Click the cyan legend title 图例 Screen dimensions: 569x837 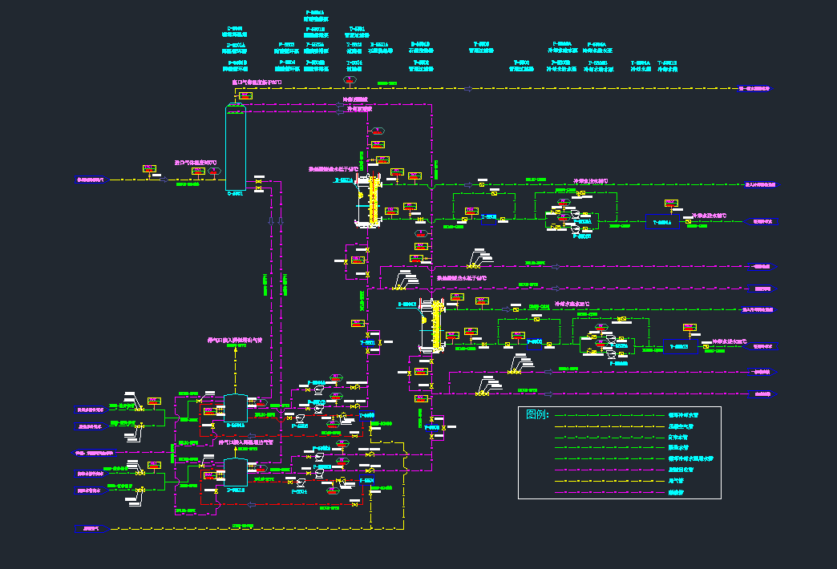pos(537,414)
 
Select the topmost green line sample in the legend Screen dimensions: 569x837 pos(609,416)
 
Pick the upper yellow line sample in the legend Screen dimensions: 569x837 pos(609,427)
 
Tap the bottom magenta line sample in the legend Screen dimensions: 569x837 pos(609,492)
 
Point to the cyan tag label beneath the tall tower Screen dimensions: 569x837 pos(234,193)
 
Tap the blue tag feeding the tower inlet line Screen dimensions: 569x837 pos(91,180)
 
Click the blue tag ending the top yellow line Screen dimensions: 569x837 pos(754,88)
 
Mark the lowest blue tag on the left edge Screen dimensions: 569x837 pos(90,528)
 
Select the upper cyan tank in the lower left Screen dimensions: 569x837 pos(236,407)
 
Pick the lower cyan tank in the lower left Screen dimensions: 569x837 pos(236,471)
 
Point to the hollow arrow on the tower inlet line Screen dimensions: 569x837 pos(164,180)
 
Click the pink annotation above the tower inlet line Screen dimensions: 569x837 pos(207,162)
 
